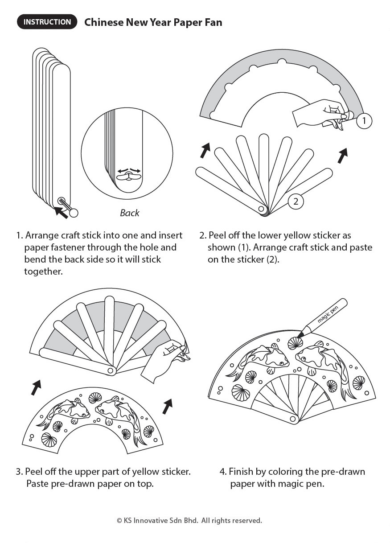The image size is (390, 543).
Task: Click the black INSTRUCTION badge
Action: pyautogui.click(x=47, y=22)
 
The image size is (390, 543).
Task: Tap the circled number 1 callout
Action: pyautogui.click(x=364, y=121)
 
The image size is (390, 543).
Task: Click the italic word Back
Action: pyautogui.click(x=129, y=213)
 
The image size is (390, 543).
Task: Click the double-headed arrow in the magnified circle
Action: pyautogui.click(x=129, y=171)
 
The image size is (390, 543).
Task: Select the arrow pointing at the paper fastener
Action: pyautogui.click(x=61, y=212)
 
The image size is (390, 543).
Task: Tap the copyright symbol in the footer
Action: pyautogui.click(x=119, y=520)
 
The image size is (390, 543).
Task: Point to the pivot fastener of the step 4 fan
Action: pyautogui.click(x=293, y=419)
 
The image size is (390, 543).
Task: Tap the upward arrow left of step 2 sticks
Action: pyautogui.click(x=205, y=150)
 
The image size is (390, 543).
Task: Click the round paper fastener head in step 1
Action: pyautogui.click(x=74, y=213)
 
